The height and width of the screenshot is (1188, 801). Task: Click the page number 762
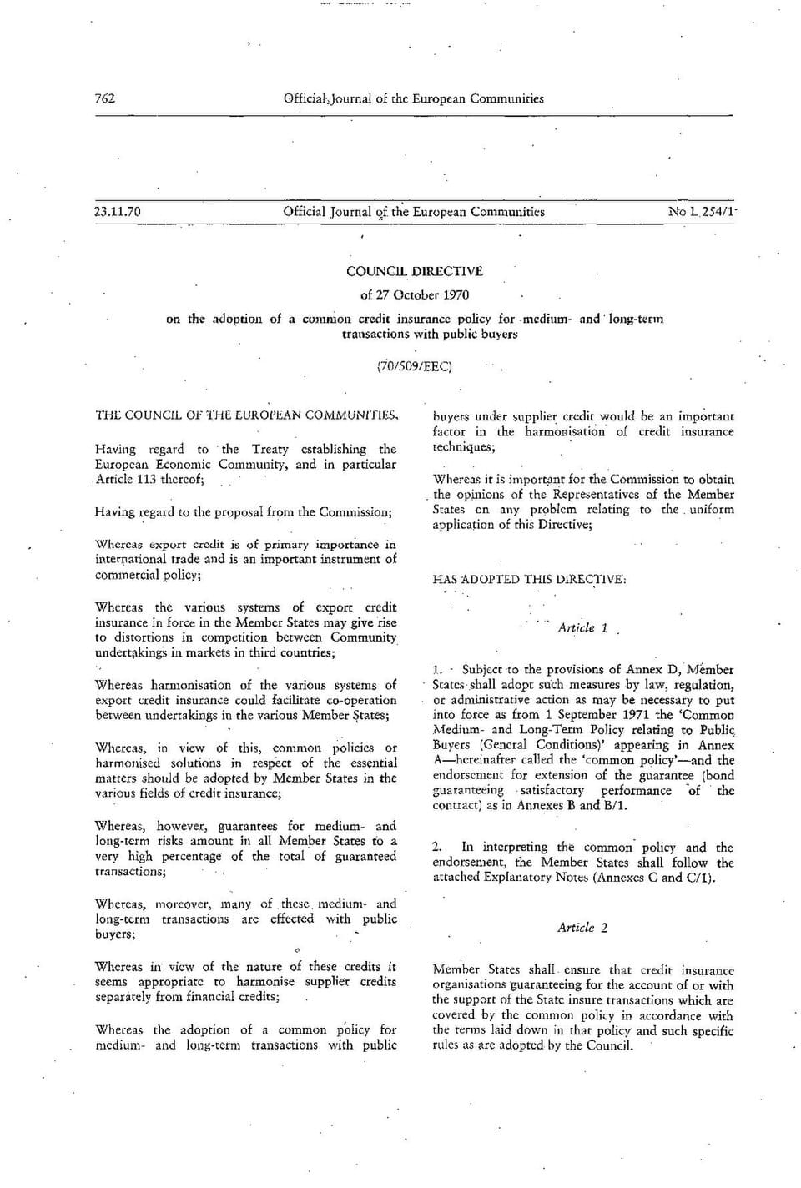point(105,98)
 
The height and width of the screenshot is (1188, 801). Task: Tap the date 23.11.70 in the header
point(118,211)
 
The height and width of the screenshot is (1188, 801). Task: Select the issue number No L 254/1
point(703,211)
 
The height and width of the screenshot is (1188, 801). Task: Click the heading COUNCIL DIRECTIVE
point(415,271)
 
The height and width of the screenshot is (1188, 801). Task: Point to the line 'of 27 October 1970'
point(415,294)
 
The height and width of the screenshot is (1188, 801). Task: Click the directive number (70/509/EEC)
point(415,366)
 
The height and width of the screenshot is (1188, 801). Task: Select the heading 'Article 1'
point(582,628)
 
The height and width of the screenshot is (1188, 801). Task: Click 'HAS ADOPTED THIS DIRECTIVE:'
point(529,579)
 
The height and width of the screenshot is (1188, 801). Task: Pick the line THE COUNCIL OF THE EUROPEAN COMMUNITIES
point(247,415)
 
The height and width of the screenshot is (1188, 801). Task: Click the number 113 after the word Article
point(146,479)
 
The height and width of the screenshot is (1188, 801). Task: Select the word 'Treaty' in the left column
point(270,449)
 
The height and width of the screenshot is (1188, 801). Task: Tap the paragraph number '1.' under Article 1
point(437,669)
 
